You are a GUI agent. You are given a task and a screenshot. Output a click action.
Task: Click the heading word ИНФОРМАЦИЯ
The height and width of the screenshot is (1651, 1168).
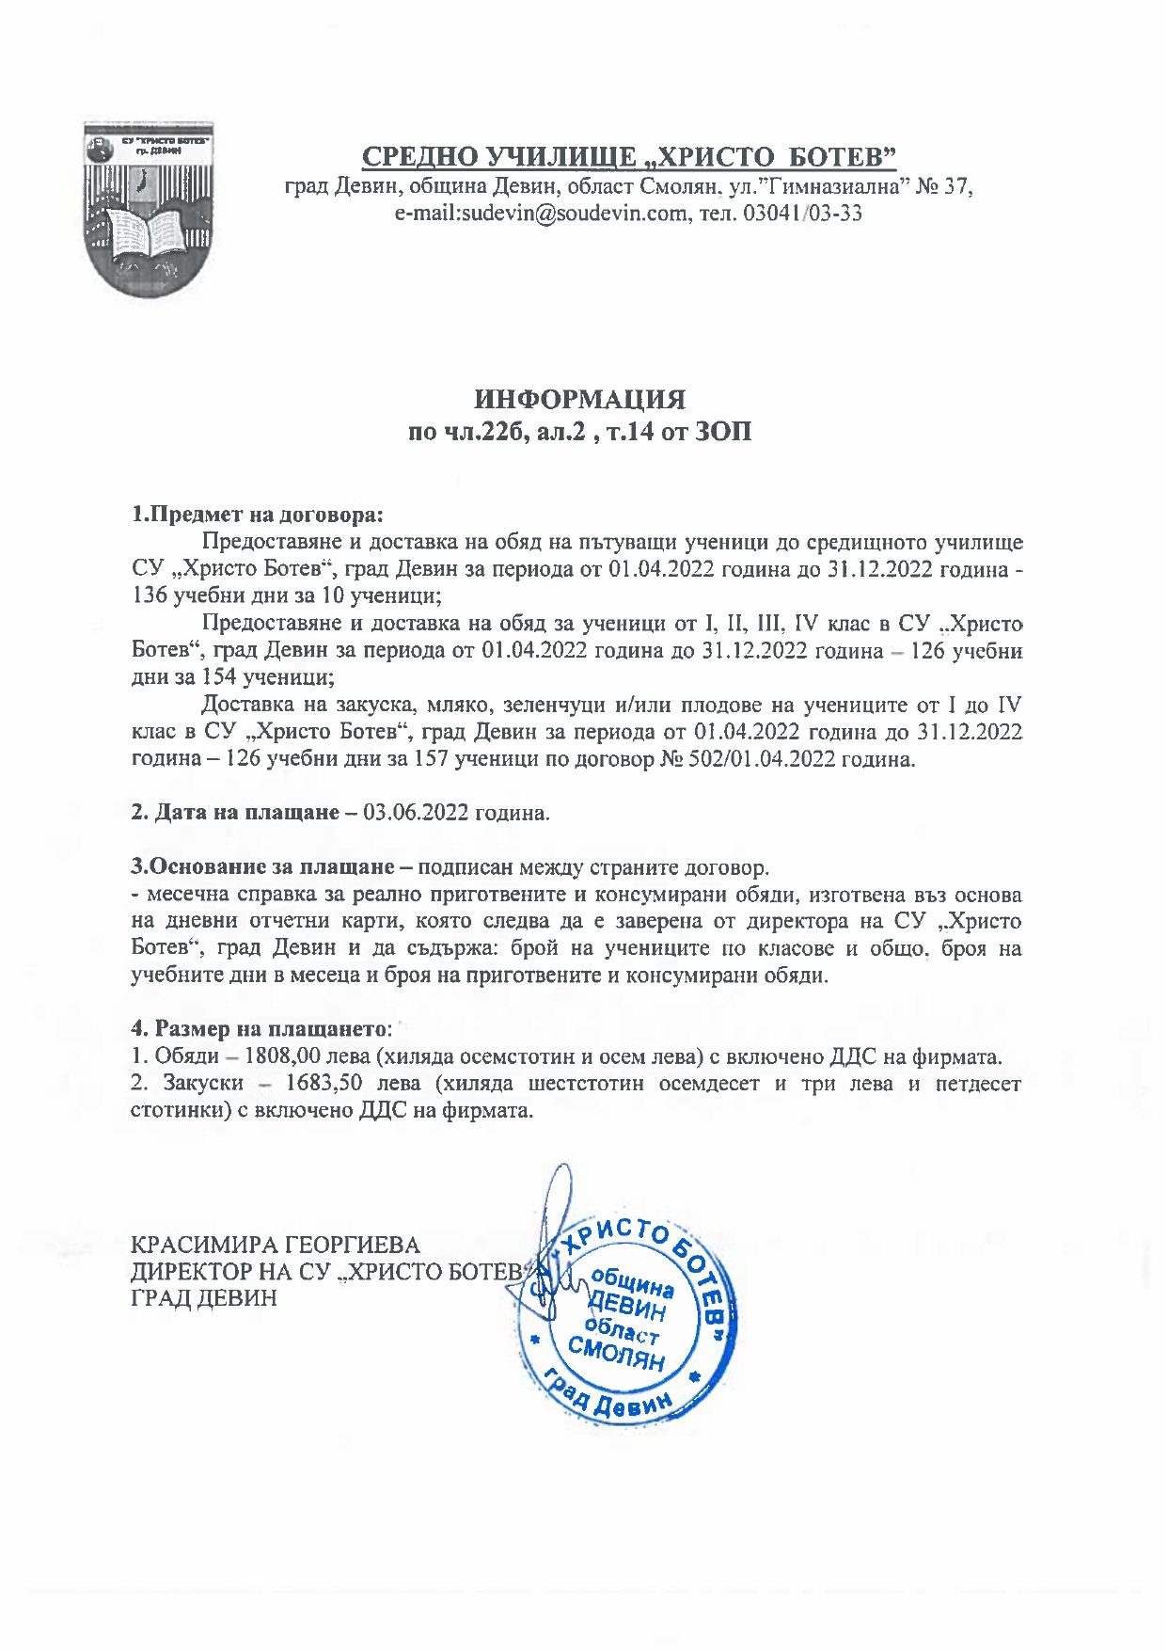click(579, 400)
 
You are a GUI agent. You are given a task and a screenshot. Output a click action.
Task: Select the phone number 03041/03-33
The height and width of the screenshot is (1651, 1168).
click(802, 214)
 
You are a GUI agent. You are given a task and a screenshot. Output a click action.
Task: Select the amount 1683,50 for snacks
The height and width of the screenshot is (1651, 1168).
click(324, 1083)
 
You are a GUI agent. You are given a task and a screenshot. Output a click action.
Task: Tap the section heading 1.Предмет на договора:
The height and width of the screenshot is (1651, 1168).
click(258, 515)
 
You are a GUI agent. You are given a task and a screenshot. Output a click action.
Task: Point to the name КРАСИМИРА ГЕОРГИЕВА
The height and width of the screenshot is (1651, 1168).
click(276, 1246)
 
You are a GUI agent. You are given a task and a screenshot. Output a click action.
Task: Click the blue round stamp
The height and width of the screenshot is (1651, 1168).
click(624, 1318)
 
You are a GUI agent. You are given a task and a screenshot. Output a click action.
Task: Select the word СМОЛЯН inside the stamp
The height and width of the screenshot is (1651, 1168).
click(616, 1356)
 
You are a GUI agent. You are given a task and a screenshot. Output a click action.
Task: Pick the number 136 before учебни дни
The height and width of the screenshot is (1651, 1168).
click(150, 595)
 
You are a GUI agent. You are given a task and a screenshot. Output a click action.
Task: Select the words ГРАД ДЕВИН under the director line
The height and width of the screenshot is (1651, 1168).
click(204, 1298)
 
